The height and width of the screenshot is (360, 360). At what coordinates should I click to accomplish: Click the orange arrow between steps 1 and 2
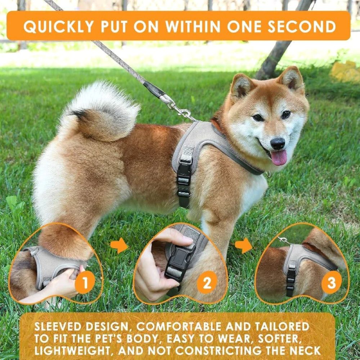(x=119, y=246)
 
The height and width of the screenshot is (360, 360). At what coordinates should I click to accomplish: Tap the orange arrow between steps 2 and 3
(x=244, y=246)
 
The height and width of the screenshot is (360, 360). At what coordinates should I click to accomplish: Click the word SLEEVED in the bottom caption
(x=60, y=327)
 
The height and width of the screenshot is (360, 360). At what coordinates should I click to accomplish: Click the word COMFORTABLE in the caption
(x=184, y=327)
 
